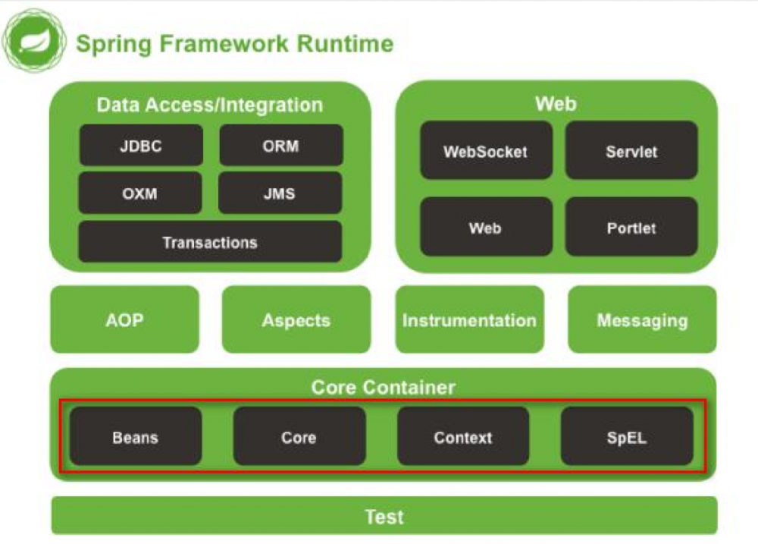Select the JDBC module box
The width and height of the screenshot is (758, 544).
[141, 146]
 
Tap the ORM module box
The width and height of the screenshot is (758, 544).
[281, 146]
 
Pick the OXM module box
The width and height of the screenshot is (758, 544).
[140, 193]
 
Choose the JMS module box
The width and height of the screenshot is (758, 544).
[280, 193]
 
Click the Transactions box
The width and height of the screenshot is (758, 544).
[210, 243]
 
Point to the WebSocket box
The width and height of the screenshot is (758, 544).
[486, 151]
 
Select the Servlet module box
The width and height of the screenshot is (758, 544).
[631, 151]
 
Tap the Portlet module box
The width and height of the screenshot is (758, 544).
[631, 227]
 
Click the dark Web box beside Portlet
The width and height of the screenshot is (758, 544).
[486, 227]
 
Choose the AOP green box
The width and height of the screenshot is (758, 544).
[124, 319]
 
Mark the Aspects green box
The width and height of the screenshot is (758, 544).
[296, 319]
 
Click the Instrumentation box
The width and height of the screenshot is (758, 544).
[469, 319]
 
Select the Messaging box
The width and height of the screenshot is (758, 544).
[642, 319]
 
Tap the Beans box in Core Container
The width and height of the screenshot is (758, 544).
[136, 437]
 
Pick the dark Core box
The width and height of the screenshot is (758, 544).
[299, 437]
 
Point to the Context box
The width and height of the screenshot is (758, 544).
[463, 437]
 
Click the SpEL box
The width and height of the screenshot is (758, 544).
[627, 437]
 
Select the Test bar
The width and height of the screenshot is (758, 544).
[384, 516]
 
